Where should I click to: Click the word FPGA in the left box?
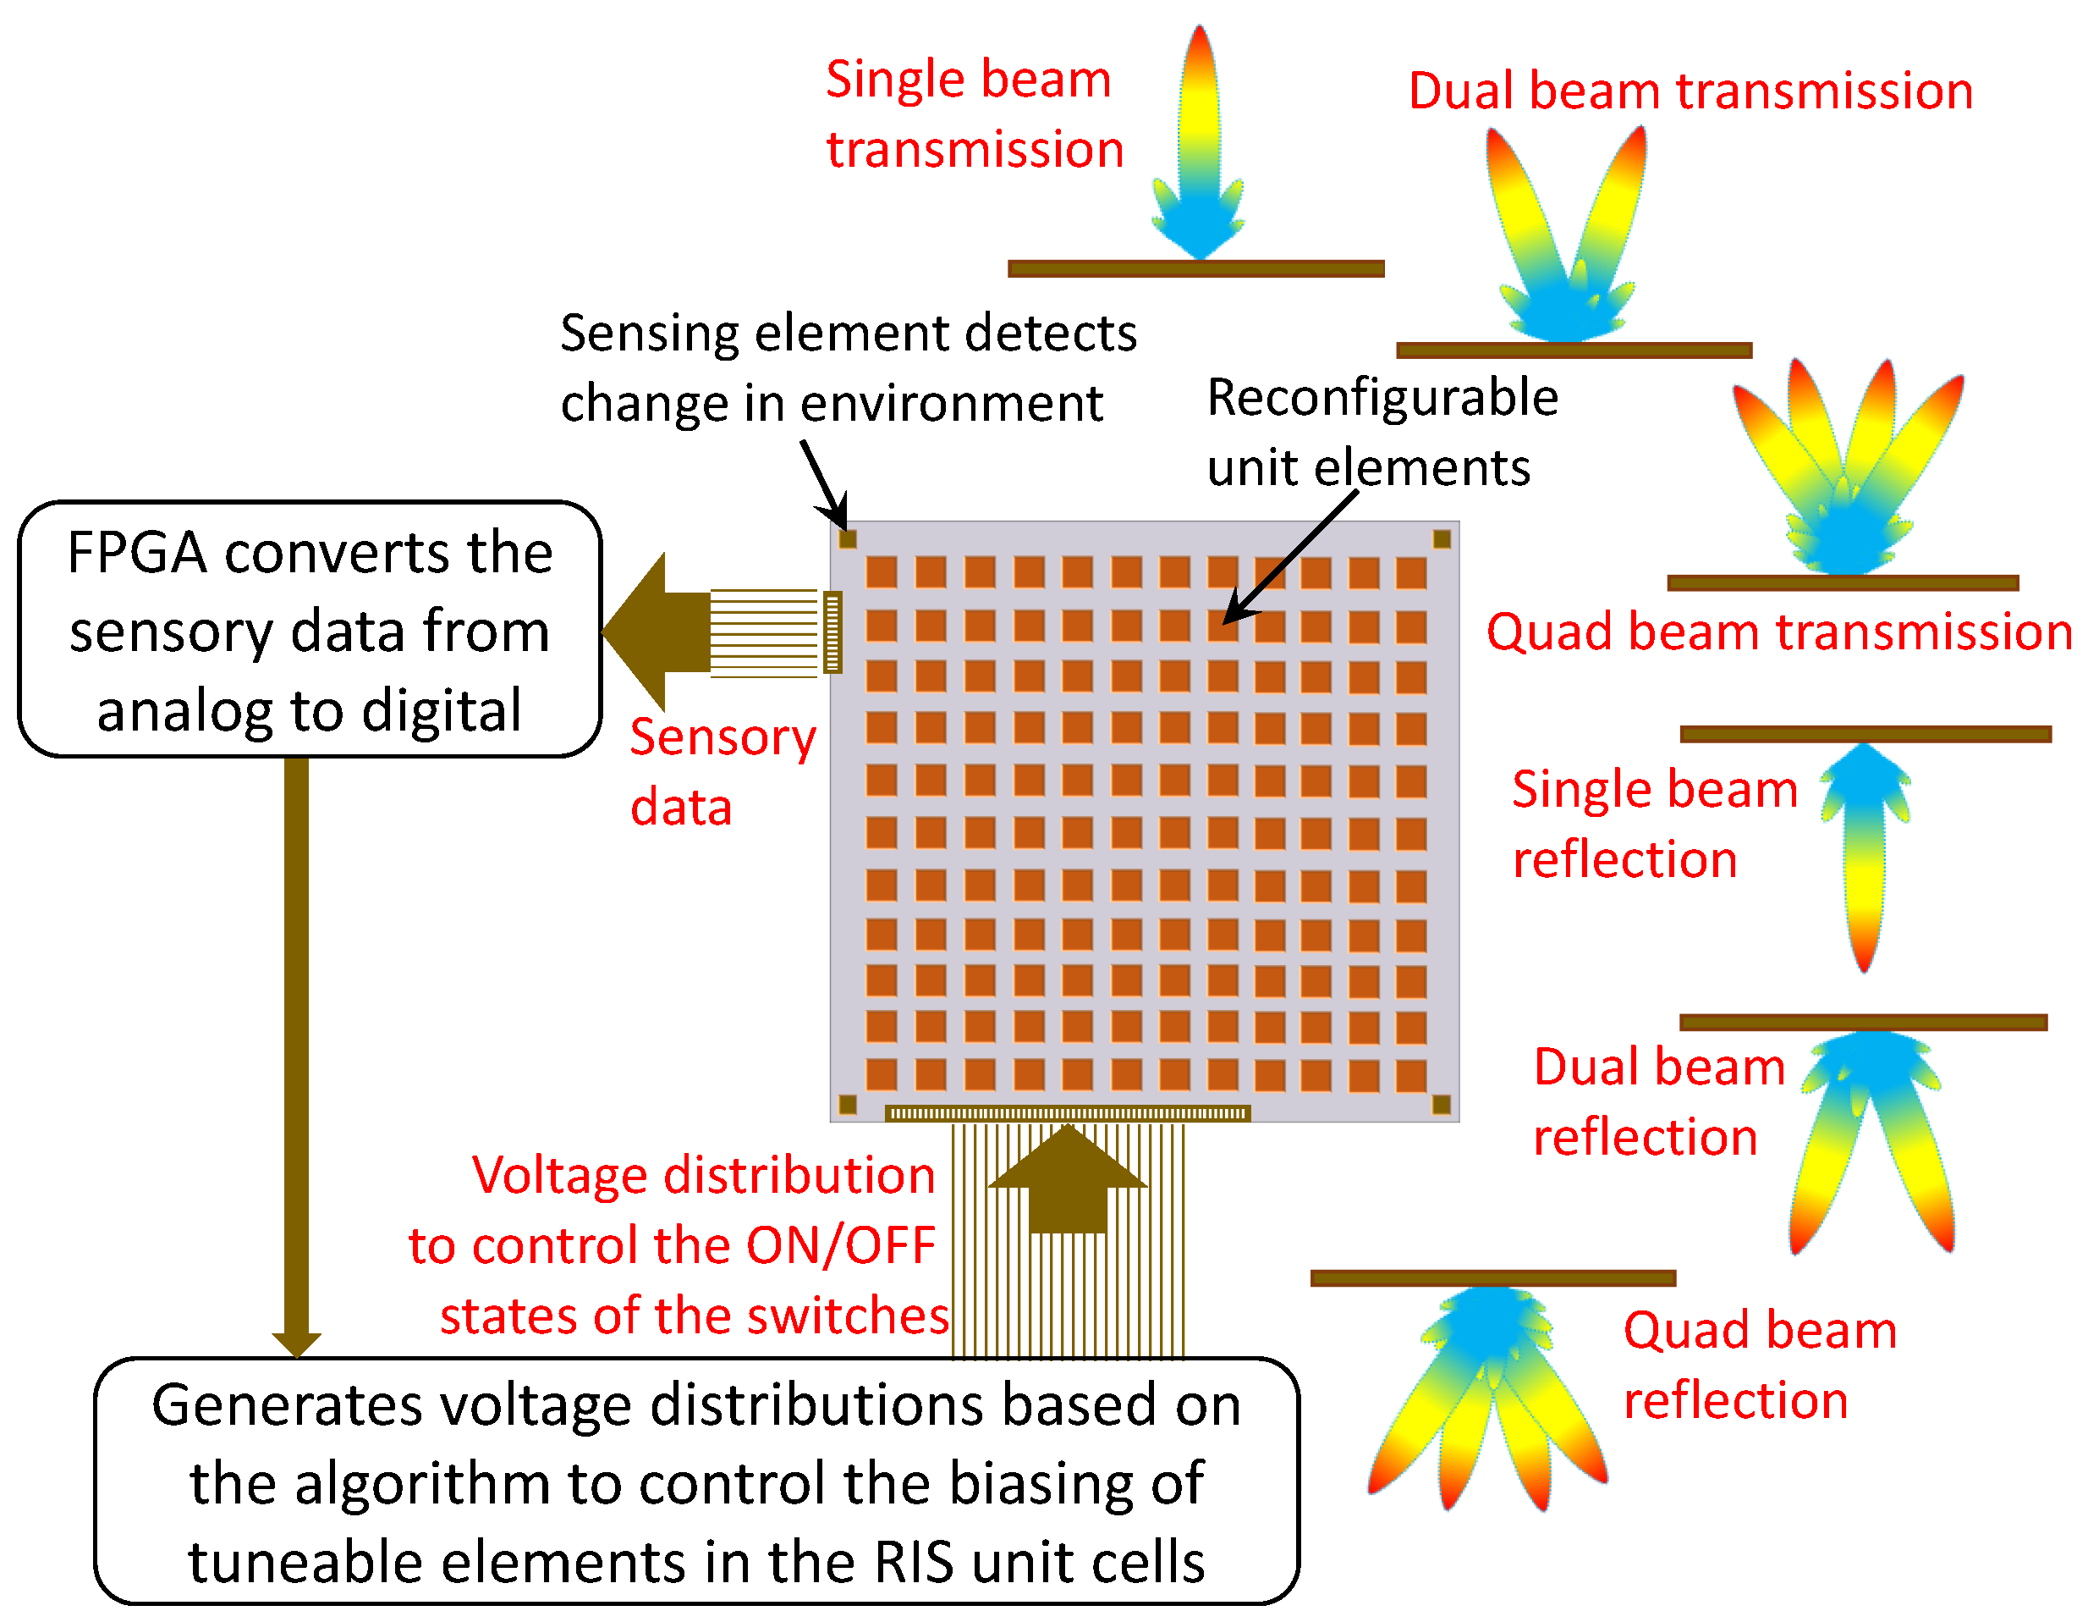(x=137, y=553)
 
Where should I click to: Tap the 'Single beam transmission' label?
(x=972, y=113)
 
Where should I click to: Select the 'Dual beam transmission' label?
(x=1690, y=91)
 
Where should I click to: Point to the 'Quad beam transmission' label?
(x=1778, y=632)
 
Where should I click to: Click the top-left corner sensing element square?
(x=847, y=538)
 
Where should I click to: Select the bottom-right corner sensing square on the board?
(x=1441, y=1105)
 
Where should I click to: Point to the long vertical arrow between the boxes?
(x=296, y=1052)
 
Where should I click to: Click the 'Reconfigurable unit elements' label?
(x=1381, y=433)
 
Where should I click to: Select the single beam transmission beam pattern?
(x=1199, y=143)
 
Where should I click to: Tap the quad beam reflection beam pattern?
(x=1488, y=1396)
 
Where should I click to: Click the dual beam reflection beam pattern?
(x=1869, y=1138)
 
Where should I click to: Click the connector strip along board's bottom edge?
(x=1067, y=1113)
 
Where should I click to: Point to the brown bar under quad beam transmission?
(x=1843, y=583)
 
